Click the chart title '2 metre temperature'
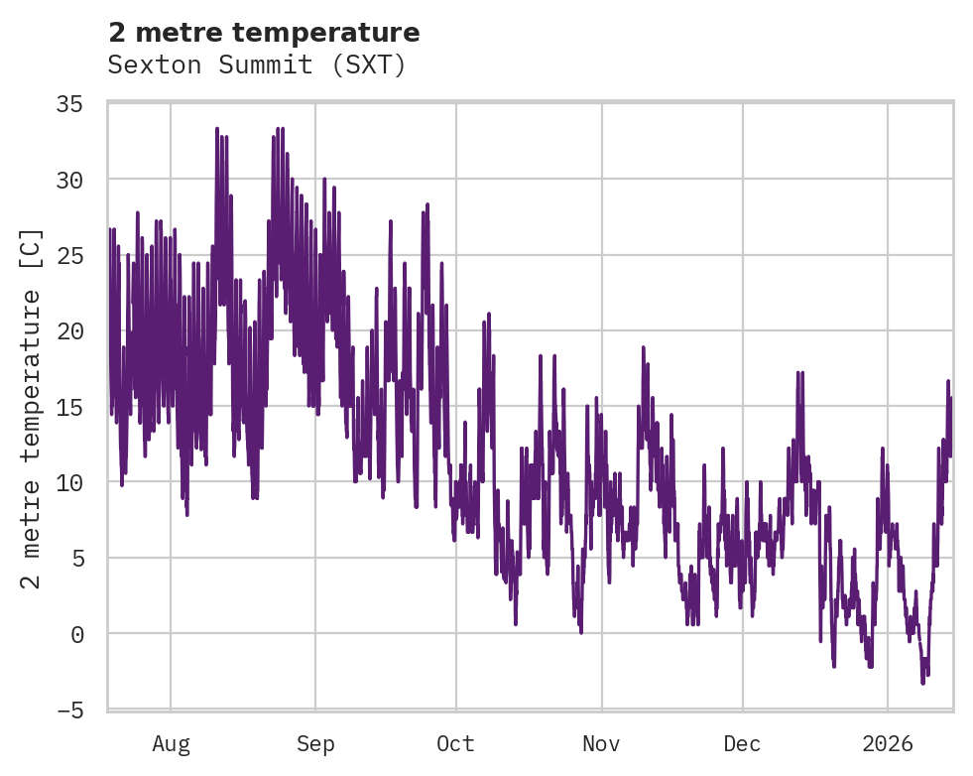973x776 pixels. click(x=264, y=33)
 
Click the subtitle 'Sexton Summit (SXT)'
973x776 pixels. click(x=257, y=65)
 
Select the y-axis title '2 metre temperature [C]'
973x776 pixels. click(x=32, y=407)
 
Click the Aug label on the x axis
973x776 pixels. click(x=171, y=743)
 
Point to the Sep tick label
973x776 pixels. click(x=315, y=743)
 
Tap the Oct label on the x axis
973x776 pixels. click(x=456, y=743)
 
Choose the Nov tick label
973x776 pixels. click(x=601, y=743)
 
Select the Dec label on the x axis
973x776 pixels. click(x=742, y=743)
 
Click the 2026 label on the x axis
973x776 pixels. click(x=888, y=743)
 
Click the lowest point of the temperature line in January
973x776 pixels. click(x=922, y=683)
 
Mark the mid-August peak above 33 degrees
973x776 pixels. click(x=217, y=128)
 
